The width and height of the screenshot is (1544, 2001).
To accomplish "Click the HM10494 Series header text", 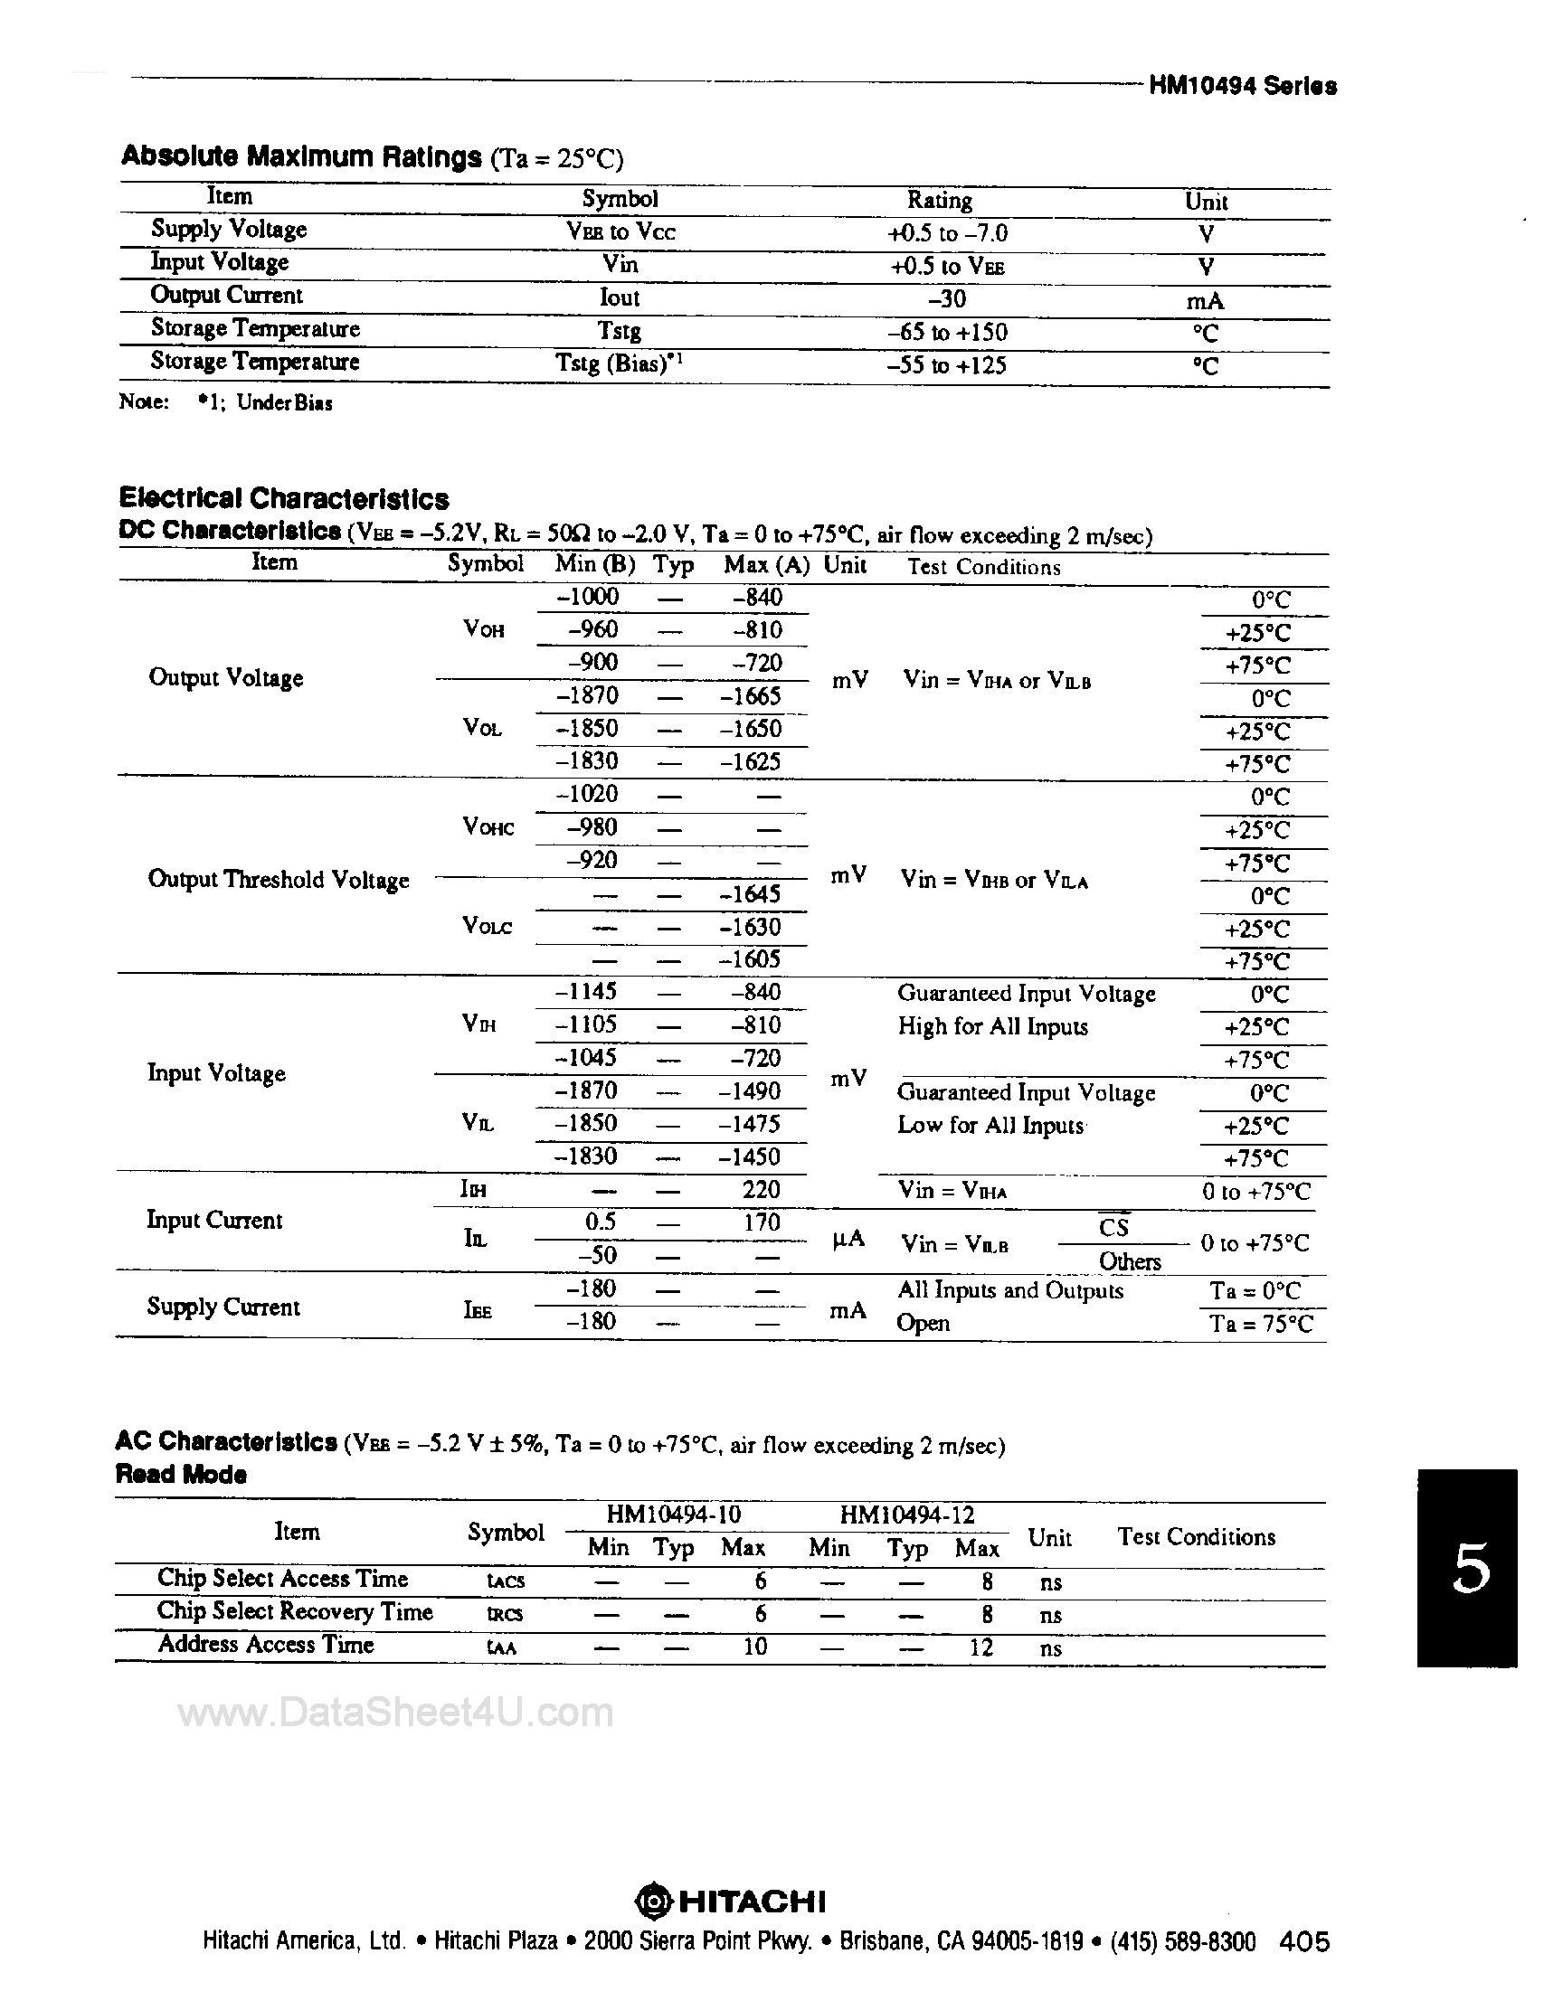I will pyautogui.click(x=1242, y=86).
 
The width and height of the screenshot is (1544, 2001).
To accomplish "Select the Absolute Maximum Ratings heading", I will pyautogui.click(x=300, y=156).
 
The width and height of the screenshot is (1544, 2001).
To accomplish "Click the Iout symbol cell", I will pyautogui.click(x=620, y=297).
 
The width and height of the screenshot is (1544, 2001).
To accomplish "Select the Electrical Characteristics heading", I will pyautogui.click(x=284, y=499).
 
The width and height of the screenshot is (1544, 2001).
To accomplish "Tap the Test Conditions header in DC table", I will pyautogui.click(x=983, y=566).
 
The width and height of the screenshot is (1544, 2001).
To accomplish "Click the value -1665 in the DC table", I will pyautogui.click(x=751, y=696).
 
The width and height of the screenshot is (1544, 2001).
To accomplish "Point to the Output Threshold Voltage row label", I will pyautogui.click(x=278, y=880).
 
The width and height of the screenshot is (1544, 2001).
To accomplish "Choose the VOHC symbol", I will pyautogui.click(x=488, y=827).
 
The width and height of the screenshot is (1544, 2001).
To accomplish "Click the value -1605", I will pyautogui.click(x=751, y=959).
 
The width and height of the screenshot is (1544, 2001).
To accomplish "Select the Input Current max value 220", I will pyautogui.click(x=761, y=1189).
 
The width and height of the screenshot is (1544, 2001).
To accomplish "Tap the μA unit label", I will pyautogui.click(x=848, y=1240).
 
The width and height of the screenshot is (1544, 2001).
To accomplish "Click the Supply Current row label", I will pyautogui.click(x=223, y=1307).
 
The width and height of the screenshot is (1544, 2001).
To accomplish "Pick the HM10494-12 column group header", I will pyautogui.click(x=906, y=1515).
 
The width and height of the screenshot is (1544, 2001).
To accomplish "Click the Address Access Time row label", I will pyautogui.click(x=266, y=1645).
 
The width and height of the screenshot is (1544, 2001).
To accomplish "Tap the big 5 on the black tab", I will pyautogui.click(x=1471, y=1570).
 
